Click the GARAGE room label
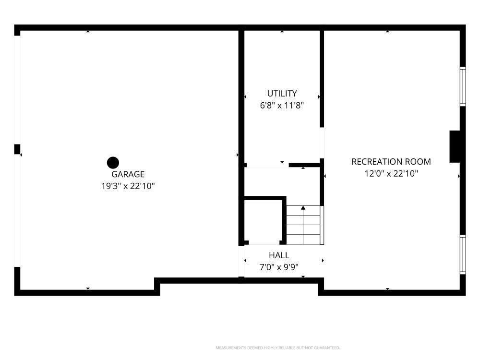128,174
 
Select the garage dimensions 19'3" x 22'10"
128,186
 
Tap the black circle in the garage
113,163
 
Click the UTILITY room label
282,94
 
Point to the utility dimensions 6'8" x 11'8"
282,106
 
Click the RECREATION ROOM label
391,162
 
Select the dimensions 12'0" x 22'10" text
391,174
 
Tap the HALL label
279,255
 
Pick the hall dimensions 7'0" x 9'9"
279,267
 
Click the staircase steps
303,225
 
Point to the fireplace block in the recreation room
455,146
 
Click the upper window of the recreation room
463,86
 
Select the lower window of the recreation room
463,254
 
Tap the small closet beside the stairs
263,221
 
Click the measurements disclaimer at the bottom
277,348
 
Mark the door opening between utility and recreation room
322,143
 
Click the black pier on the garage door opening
17,149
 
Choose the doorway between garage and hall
241,261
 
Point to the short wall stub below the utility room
305,165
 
